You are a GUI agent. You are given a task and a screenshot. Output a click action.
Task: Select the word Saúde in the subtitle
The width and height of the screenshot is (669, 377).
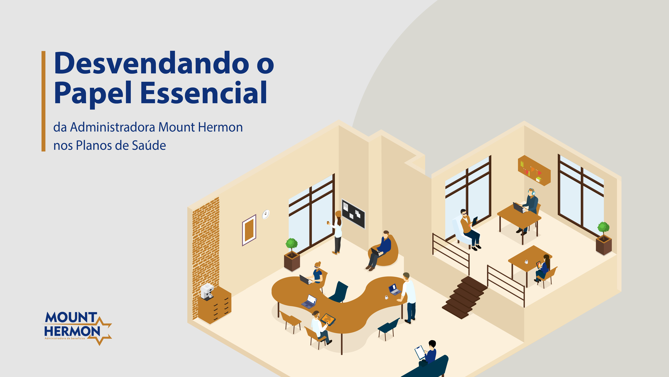point(149,145)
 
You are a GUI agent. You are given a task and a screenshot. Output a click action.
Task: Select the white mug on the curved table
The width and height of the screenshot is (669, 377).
point(386,297)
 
